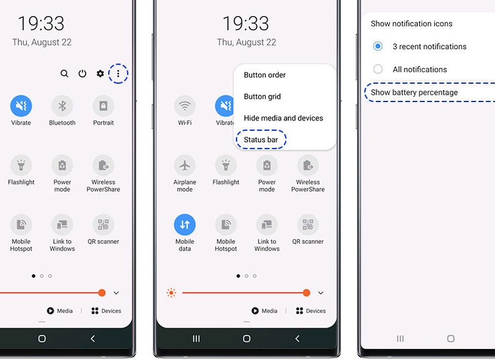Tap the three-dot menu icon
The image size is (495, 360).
(118, 73)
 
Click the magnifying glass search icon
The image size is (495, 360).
(64, 73)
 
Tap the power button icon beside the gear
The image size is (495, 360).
(82, 73)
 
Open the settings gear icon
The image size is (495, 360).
(100, 73)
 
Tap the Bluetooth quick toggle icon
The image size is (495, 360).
(62, 106)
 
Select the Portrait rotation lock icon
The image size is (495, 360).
(103, 106)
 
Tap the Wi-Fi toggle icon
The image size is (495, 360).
(185, 106)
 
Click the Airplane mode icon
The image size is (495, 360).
(185, 165)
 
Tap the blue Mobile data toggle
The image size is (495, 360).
(185, 224)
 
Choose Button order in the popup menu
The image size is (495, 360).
(265, 75)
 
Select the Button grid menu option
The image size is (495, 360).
(262, 97)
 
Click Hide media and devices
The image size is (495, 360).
(284, 118)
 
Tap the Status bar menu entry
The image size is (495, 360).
(261, 139)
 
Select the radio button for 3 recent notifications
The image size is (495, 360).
(378, 46)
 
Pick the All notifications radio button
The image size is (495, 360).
(378, 69)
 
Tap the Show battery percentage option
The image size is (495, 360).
(414, 92)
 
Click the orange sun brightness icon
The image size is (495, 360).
(171, 293)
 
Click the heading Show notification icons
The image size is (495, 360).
(411, 24)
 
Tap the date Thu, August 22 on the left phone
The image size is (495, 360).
(42, 42)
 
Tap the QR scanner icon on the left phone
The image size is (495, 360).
(103, 224)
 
